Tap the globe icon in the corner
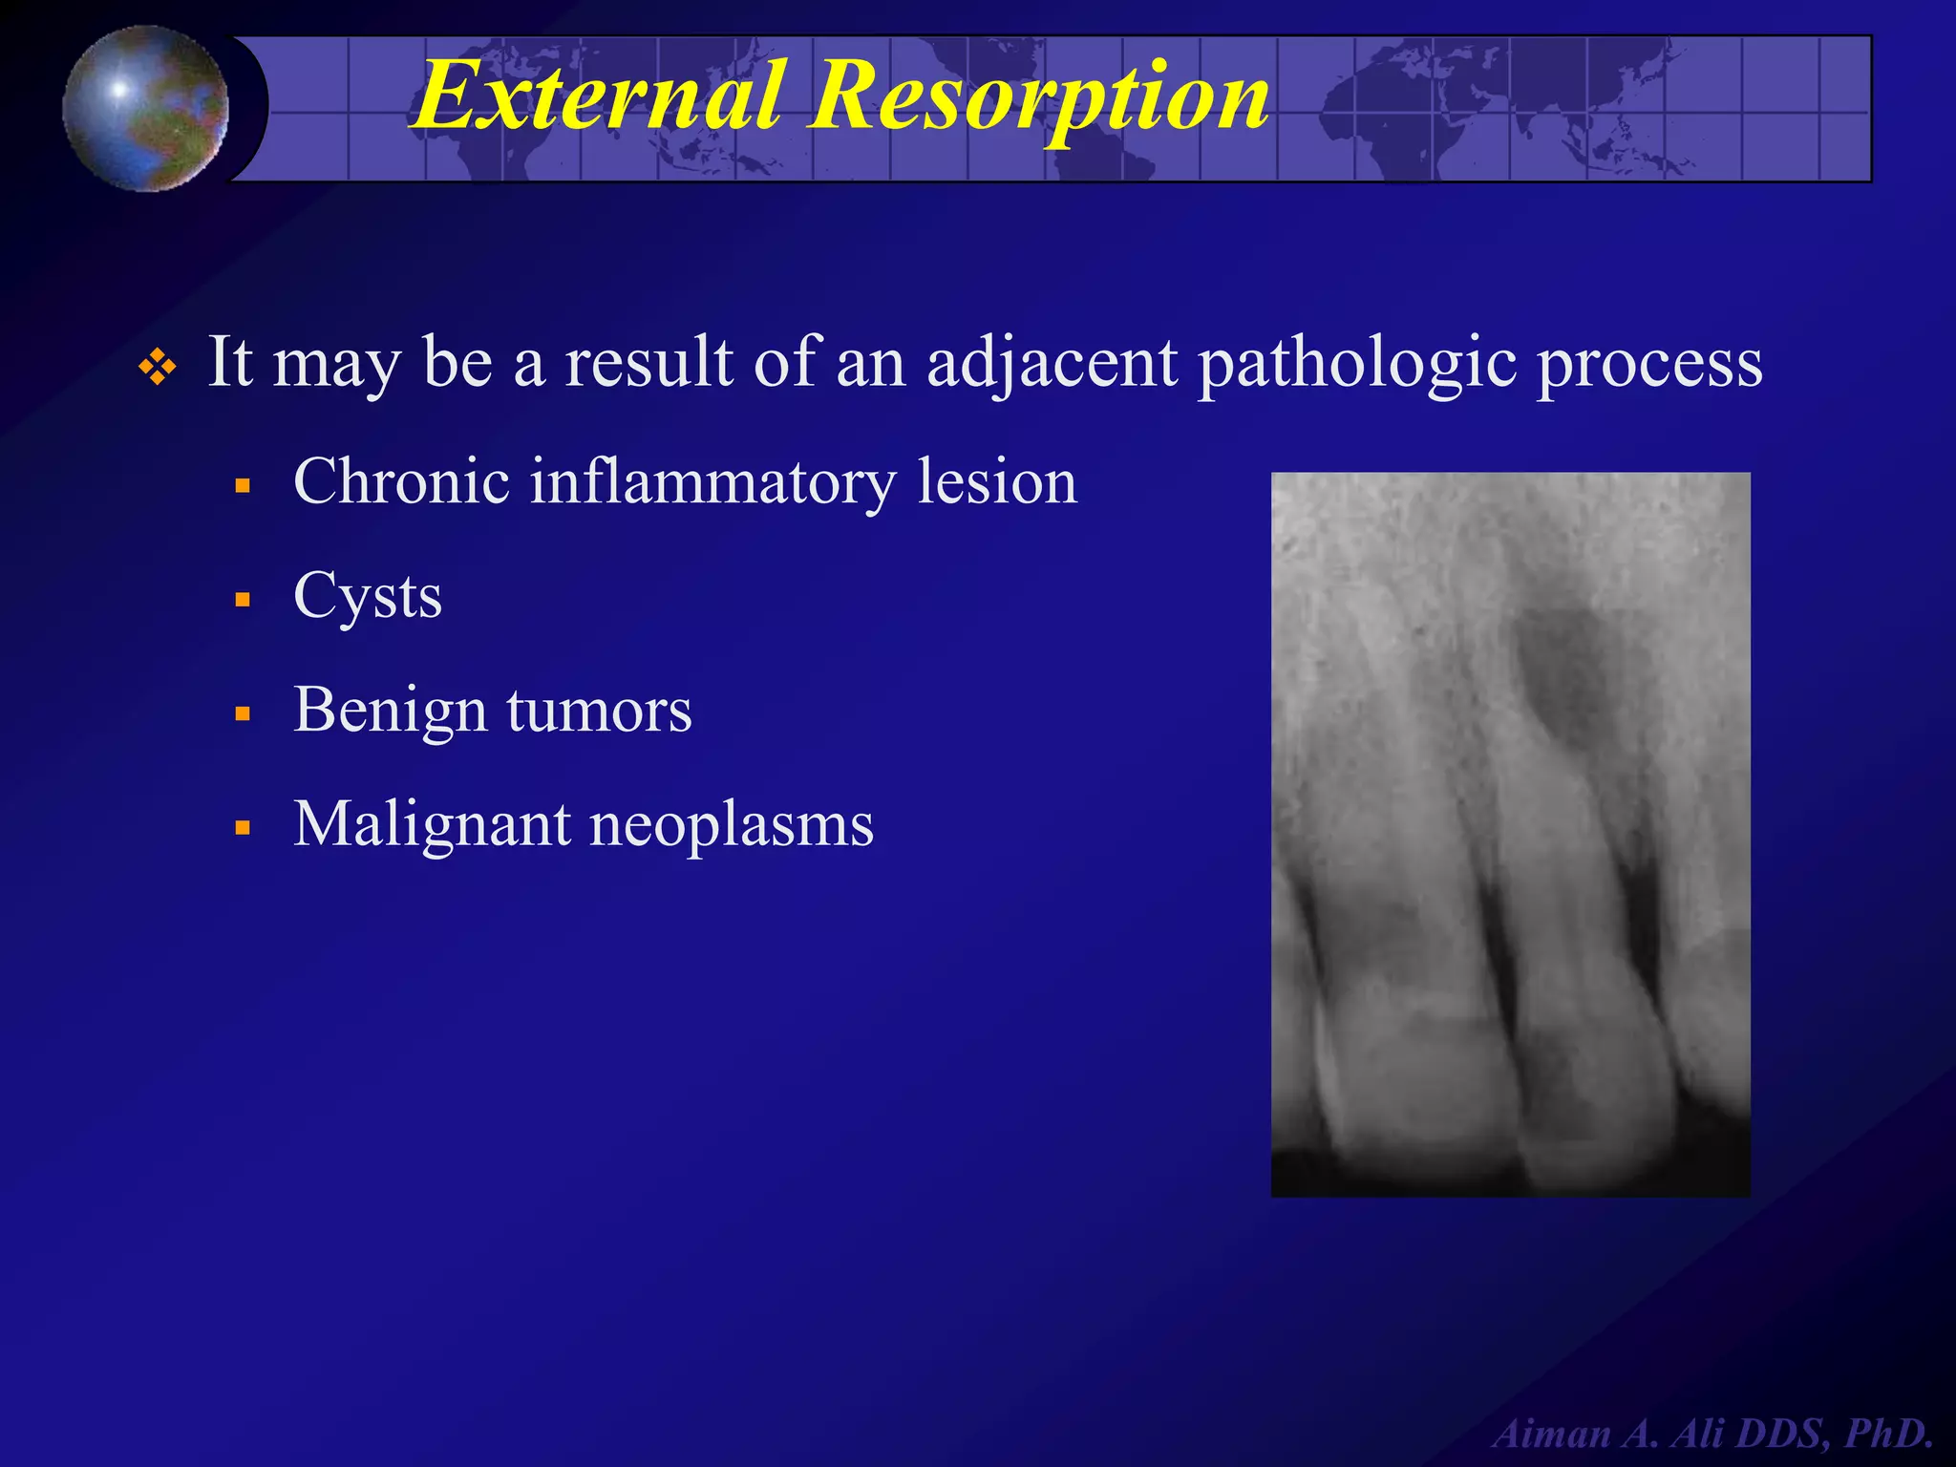tap(145, 108)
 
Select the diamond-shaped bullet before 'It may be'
tap(158, 367)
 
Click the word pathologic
tap(1357, 364)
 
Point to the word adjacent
tap(1052, 364)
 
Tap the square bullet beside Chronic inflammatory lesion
tap(243, 486)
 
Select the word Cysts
tap(368, 597)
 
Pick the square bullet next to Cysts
tap(243, 601)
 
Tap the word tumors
tap(599, 712)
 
